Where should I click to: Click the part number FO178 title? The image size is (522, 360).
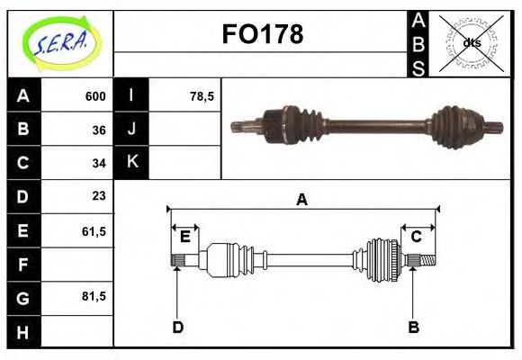click(x=262, y=35)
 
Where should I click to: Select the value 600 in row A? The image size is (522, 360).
click(x=95, y=96)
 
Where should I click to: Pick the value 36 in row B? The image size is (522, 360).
click(x=99, y=130)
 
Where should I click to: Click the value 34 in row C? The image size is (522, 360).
click(x=99, y=163)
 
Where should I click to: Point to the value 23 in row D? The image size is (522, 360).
click(x=99, y=196)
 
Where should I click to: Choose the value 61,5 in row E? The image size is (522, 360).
click(x=94, y=230)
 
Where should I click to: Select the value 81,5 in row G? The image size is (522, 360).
click(x=94, y=296)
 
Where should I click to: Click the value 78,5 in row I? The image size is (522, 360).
click(x=202, y=96)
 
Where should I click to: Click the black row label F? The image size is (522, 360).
click(x=23, y=264)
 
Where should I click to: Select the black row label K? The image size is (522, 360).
click(x=131, y=163)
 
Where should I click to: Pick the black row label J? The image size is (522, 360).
click(x=131, y=130)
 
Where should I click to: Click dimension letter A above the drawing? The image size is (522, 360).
click(x=302, y=200)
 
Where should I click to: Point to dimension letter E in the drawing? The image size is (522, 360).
click(x=185, y=237)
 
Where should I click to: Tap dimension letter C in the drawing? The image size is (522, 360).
click(x=416, y=237)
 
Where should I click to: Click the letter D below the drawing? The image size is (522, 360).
click(x=177, y=327)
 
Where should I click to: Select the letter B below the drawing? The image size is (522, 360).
click(x=414, y=327)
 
